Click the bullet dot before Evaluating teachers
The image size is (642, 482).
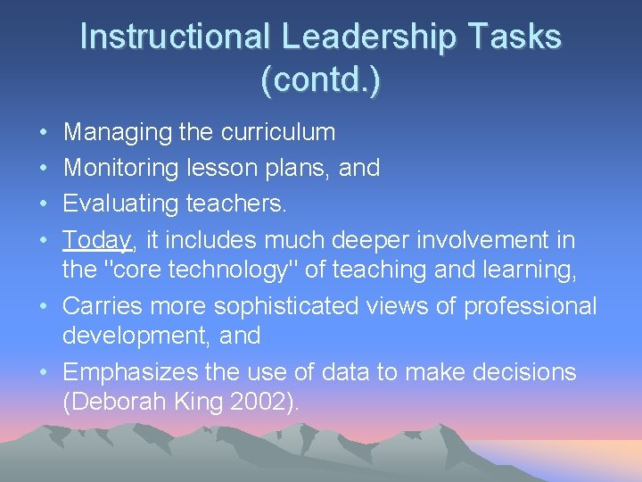coord(45,204)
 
